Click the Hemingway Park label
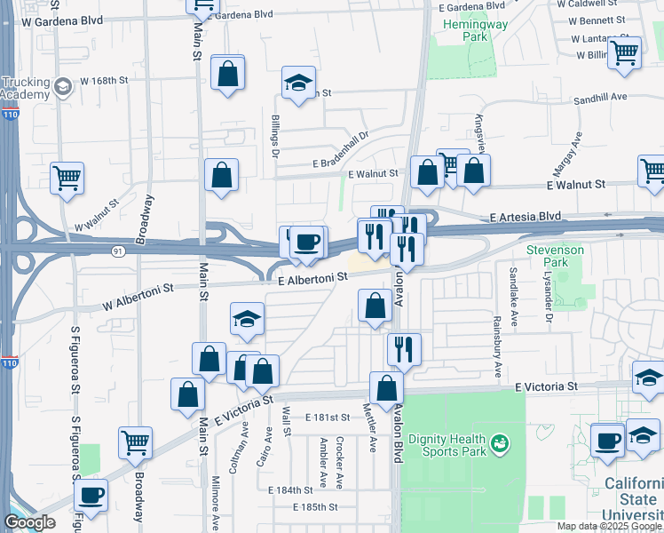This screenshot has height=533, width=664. point(477,31)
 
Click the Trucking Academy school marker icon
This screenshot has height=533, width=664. point(62,86)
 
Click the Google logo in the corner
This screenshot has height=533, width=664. point(29,522)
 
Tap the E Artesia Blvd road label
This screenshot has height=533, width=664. point(526,216)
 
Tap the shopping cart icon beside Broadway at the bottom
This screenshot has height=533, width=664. point(135,442)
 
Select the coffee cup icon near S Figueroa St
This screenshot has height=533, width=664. point(91,495)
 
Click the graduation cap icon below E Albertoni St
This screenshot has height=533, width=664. point(248,319)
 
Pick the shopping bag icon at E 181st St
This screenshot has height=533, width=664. point(386,388)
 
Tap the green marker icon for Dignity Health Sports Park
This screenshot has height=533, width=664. point(500,442)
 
